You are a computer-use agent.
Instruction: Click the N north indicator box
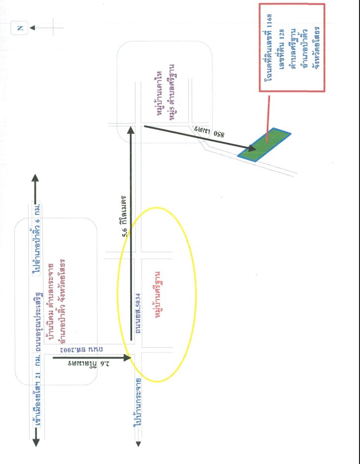20,28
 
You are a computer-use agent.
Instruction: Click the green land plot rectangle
264,145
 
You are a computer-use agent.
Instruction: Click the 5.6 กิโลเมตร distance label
125,216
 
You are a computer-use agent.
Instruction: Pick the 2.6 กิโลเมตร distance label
88,364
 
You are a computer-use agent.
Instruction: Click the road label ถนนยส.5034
138,313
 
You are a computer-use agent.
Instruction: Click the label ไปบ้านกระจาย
137,402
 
